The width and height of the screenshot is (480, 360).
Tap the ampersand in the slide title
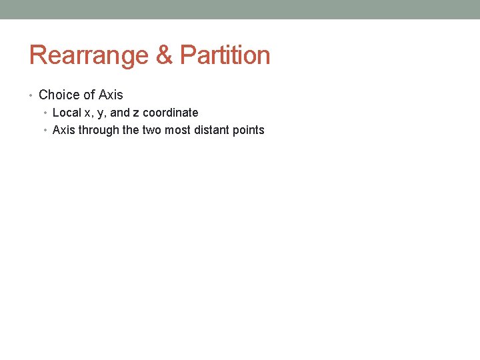[164, 55]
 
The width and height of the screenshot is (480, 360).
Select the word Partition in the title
[225, 55]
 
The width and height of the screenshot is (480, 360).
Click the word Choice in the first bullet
[58, 95]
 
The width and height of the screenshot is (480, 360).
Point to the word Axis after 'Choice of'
[111, 95]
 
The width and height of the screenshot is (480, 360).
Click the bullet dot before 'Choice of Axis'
[31, 95]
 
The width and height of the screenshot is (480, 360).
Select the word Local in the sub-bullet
[67, 113]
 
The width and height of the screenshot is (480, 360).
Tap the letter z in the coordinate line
[136, 113]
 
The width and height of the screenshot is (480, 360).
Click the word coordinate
[171, 113]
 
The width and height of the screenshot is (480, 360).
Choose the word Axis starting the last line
[64, 130]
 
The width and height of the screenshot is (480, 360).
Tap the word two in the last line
[151, 130]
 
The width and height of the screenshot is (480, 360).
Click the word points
[248, 130]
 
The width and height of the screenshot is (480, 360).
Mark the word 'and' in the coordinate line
[120, 113]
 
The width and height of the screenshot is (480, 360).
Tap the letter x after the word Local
[88, 113]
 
